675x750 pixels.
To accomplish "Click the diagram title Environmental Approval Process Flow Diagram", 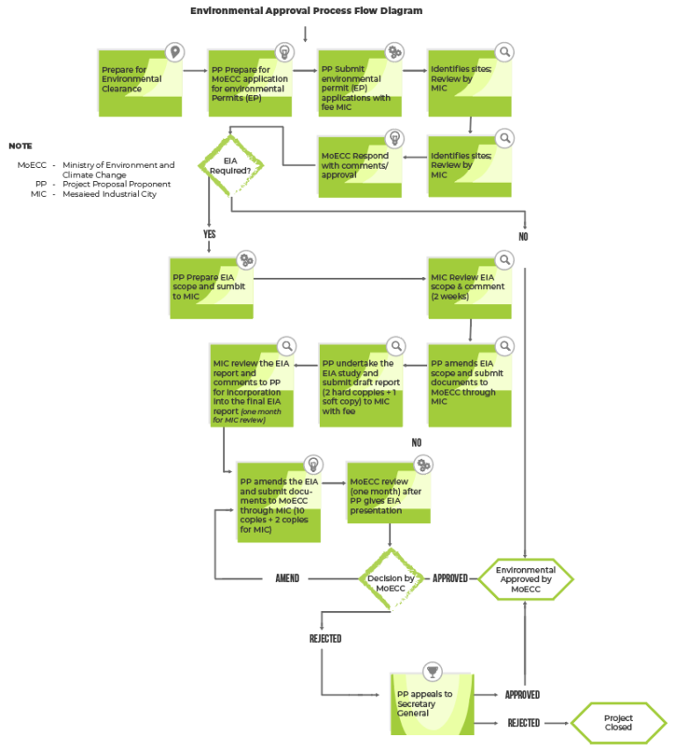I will [x=306, y=11].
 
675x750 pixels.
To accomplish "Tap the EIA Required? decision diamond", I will [x=230, y=164].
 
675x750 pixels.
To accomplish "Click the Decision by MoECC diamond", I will [x=389, y=579].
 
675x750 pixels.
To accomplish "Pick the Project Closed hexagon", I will [x=618, y=723].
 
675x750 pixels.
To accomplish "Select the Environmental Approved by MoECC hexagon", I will [x=525, y=579].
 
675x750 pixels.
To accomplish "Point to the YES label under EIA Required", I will [x=209, y=235].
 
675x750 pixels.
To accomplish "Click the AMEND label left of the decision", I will [x=287, y=579].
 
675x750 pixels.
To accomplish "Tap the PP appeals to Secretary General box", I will [x=432, y=703].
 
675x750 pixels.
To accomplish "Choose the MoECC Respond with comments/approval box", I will [x=360, y=164].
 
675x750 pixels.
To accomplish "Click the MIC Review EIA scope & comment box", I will [x=470, y=287].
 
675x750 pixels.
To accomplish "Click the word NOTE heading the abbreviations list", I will [x=20, y=145].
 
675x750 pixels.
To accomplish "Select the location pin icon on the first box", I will [x=176, y=52].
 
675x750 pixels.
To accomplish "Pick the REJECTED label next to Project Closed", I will [x=523, y=723].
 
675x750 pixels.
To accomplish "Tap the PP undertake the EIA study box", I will [x=361, y=383].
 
